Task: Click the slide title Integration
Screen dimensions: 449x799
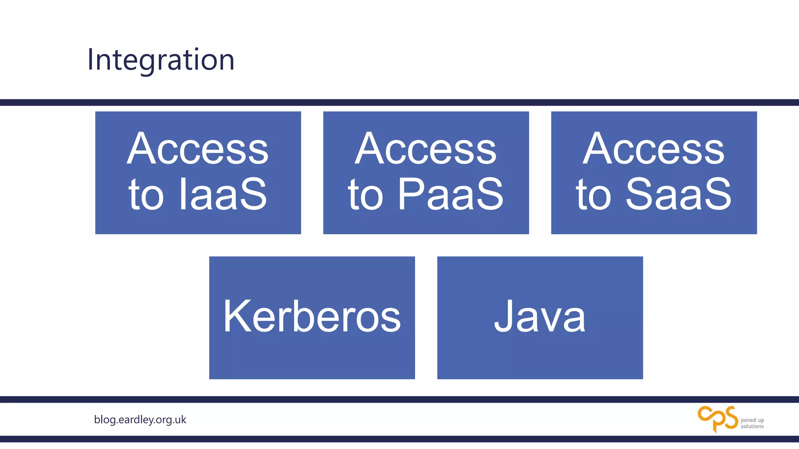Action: tap(161, 60)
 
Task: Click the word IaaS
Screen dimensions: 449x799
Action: tap(223, 194)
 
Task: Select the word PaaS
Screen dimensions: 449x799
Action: tap(450, 194)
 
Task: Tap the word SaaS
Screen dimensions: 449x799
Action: tap(678, 194)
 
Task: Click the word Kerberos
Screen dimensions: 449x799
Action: tap(312, 316)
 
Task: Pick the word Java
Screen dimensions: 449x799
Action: tap(540, 316)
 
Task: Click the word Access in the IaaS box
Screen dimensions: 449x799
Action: tap(198, 149)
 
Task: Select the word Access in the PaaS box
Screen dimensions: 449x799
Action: tap(426, 149)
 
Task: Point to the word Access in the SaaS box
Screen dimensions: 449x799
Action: tap(653, 149)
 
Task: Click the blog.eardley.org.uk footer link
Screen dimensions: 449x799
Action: tap(140, 420)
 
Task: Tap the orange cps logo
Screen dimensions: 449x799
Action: tap(718, 419)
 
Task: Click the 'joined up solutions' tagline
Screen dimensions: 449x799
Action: tap(752, 423)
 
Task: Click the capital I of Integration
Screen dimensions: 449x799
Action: tap(90, 60)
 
